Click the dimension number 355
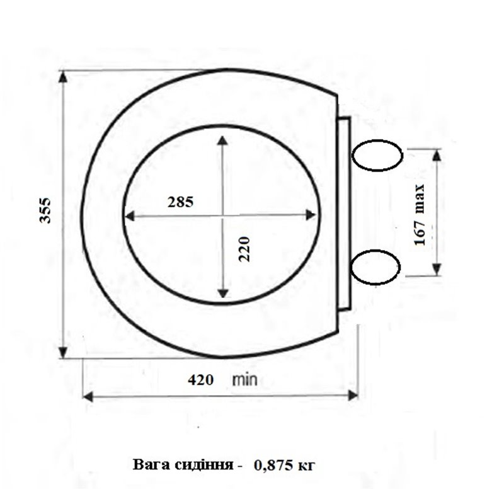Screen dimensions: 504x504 click(45, 210)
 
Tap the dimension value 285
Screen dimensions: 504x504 click(180, 202)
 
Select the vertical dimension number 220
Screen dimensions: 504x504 click(245, 249)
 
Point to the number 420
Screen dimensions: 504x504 click(201, 380)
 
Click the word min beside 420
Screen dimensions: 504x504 click(245, 380)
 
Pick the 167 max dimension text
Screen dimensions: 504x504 click(420, 215)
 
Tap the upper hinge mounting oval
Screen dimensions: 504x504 click(377, 155)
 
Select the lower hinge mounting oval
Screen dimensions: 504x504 click(375, 267)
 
